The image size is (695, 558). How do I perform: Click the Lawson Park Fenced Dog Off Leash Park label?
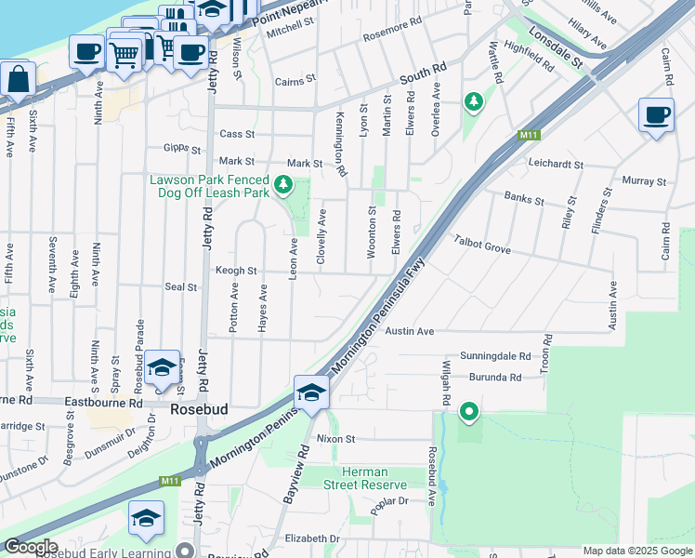click(210, 186)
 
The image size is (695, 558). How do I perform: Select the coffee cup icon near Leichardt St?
click(656, 115)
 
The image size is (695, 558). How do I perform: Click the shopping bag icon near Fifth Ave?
click(18, 80)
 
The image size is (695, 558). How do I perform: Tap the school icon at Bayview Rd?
click(311, 393)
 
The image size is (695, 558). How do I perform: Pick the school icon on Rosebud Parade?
click(162, 368)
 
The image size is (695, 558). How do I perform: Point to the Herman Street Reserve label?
click(365, 478)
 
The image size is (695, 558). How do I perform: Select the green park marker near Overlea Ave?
click(474, 100)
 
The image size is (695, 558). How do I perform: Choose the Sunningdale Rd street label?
click(492, 356)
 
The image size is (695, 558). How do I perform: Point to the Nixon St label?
click(335, 438)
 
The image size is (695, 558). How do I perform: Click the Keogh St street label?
click(236, 272)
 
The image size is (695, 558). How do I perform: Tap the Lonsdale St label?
click(561, 52)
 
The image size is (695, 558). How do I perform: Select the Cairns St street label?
click(296, 82)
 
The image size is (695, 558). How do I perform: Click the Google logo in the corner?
click(30, 548)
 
